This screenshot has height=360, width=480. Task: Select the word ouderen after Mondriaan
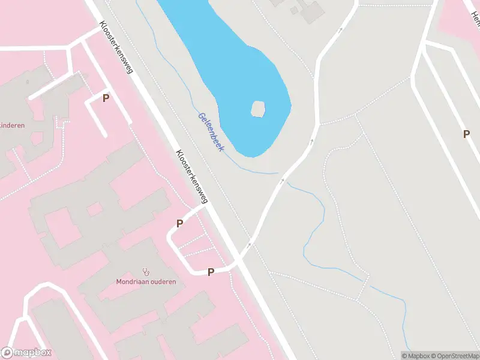coord(163,282)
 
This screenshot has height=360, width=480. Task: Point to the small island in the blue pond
coord(258,109)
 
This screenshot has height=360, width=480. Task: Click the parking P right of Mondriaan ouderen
coord(211,272)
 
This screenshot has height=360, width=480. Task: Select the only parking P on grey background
coord(466,134)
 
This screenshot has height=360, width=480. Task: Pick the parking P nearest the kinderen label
coord(106,98)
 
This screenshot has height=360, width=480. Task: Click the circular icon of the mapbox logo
coord(8,353)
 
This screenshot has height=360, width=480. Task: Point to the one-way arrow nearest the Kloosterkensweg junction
coord(250,245)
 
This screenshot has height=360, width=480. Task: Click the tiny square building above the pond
coord(294,10)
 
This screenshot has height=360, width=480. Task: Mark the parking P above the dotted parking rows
coord(179,224)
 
